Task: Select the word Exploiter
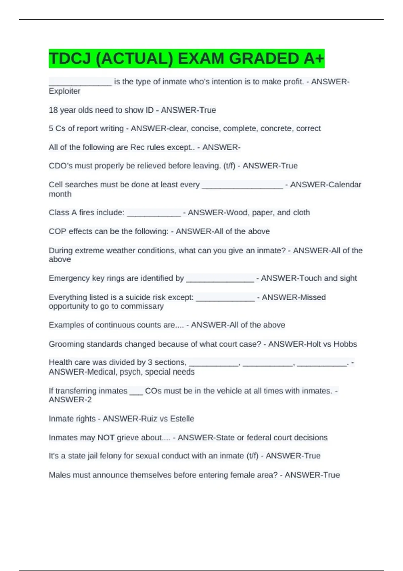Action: [x=64, y=91]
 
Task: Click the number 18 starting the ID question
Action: [x=53, y=110]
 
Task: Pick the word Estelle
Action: [x=182, y=419]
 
